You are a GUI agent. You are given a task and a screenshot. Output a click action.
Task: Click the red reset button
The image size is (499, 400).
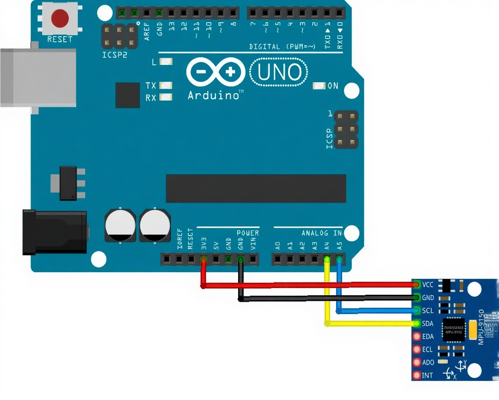coord(60,18)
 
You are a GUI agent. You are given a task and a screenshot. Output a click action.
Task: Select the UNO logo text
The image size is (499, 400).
coord(279,73)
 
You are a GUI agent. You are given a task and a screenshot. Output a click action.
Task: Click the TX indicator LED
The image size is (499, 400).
coord(166,85)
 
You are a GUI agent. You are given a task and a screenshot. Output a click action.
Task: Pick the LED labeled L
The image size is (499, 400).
coord(166,62)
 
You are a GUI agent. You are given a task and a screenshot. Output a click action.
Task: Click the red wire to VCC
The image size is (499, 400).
coord(307,285)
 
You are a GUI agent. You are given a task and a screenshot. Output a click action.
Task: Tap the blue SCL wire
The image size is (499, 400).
coord(373,311)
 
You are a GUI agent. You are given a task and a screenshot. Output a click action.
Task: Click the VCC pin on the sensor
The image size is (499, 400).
coord(416,285)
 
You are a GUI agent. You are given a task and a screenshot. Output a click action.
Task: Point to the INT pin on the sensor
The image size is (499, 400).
coord(416,375)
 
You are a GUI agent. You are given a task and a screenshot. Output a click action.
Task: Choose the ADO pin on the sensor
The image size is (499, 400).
coord(416,362)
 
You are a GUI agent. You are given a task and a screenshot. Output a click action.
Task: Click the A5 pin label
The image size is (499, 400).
coord(339,246)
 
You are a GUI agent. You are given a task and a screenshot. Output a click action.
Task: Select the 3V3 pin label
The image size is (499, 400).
coord(203,244)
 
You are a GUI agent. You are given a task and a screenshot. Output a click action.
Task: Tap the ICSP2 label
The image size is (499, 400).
coord(115,55)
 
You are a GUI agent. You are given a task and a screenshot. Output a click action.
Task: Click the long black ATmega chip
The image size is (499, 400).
coord(256,188)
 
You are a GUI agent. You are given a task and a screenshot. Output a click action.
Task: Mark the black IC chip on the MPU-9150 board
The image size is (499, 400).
coord(453,329)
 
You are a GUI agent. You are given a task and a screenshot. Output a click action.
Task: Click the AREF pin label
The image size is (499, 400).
coord(147,32)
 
